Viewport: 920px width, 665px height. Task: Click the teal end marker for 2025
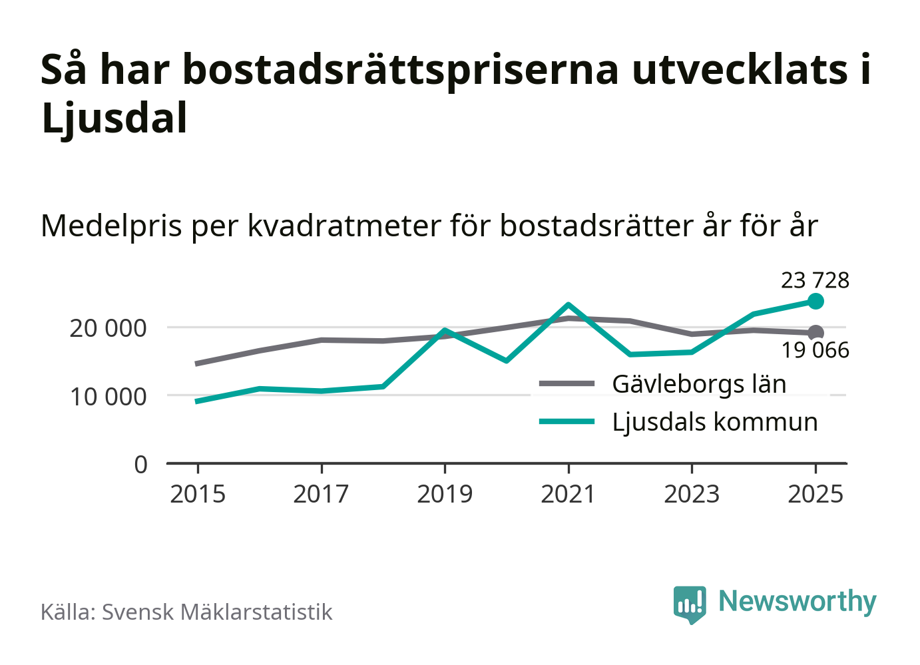[815, 302]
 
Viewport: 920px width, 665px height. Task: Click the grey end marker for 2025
[815, 333]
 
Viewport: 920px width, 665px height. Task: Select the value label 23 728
[815, 280]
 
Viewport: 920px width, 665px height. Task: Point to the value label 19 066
[815, 350]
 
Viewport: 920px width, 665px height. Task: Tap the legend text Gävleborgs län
[699, 384]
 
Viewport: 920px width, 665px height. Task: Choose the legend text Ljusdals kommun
[714, 422]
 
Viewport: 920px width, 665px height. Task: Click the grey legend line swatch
[567, 383]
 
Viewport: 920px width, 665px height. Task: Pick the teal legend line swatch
[567, 421]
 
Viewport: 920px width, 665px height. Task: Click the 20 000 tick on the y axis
[108, 328]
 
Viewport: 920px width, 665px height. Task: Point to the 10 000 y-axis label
[108, 397]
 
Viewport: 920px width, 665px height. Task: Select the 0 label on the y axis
[140, 465]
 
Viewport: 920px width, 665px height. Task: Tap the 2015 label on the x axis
[198, 495]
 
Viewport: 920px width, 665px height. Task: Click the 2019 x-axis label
[445, 495]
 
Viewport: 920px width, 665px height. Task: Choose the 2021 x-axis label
[569, 495]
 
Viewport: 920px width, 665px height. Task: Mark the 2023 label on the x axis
[692, 495]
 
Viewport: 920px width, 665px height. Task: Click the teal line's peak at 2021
[569, 305]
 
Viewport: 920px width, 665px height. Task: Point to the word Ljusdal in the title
[115, 118]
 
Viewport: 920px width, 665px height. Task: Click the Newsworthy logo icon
[689, 604]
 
